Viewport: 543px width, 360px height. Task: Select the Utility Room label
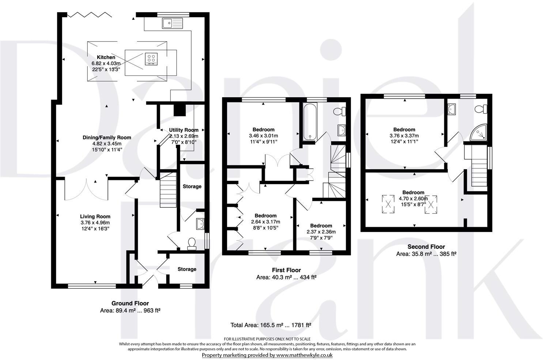click(184, 130)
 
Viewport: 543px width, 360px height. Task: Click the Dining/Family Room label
click(106, 138)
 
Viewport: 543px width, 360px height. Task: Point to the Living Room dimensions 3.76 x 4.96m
click(95, 222)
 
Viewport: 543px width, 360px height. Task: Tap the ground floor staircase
click(169, 191)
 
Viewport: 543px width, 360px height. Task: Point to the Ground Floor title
click(130, 303)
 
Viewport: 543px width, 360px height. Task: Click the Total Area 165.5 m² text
click(271, 325)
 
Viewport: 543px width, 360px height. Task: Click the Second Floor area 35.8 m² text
click(426, 254)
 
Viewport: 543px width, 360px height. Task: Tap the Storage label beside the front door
click(187, 269)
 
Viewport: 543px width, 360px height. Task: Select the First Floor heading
click(286, 270)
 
